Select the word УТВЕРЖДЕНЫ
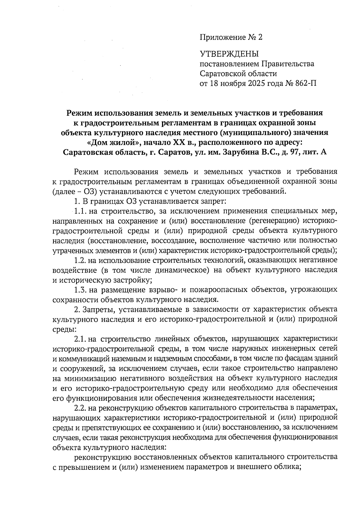(229, 54)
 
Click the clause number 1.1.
(81, 211)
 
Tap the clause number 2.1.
(81, 339)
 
